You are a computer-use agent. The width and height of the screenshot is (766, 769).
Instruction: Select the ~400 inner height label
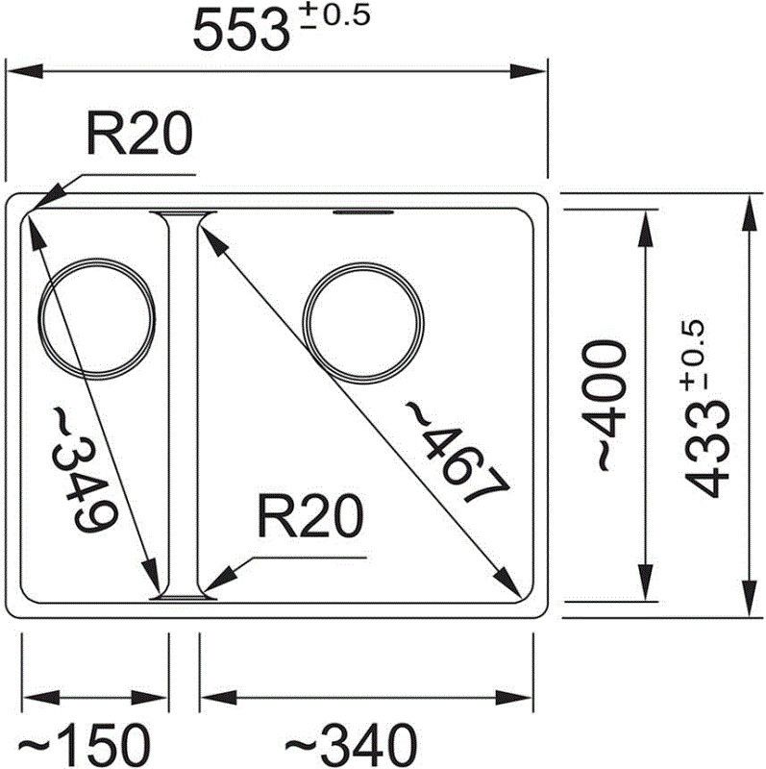click(x=604, y=405)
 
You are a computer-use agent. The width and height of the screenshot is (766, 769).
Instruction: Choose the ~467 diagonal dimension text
click(x=457, y=452)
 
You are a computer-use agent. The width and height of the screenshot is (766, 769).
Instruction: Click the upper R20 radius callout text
click(x=139, y=134)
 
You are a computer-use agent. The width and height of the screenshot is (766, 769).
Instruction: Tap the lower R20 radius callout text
click(x=310, y=516)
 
